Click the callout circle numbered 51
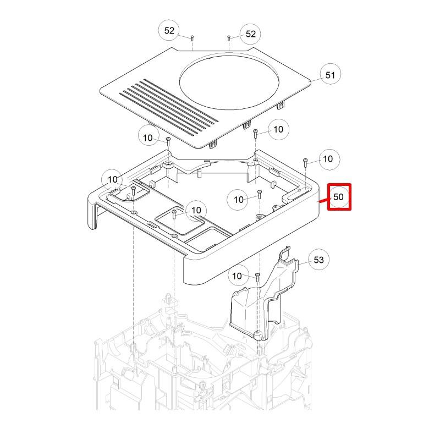click(x=331, y=75)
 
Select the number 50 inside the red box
click(x=339, y=197)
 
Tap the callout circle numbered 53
click(x=319, y=260)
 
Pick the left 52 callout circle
click(x=169, y=31)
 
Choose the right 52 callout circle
click(x=251, y=34)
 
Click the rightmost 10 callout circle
click(x=328, y=159)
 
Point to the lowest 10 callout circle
click(x=238, y=275)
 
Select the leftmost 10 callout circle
click(x=113, y=179)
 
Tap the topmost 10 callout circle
click(x=278, y=129)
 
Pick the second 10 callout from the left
click(x=148, y=137)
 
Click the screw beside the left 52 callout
click(x=192, y=38)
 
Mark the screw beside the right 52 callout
click(x=228, y=38)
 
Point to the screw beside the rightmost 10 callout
click(x=305, y=161)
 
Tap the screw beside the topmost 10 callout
click(x=255, y=132)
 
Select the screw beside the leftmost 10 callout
click(x=133, y=190)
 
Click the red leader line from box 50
click(x=323, y=200)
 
